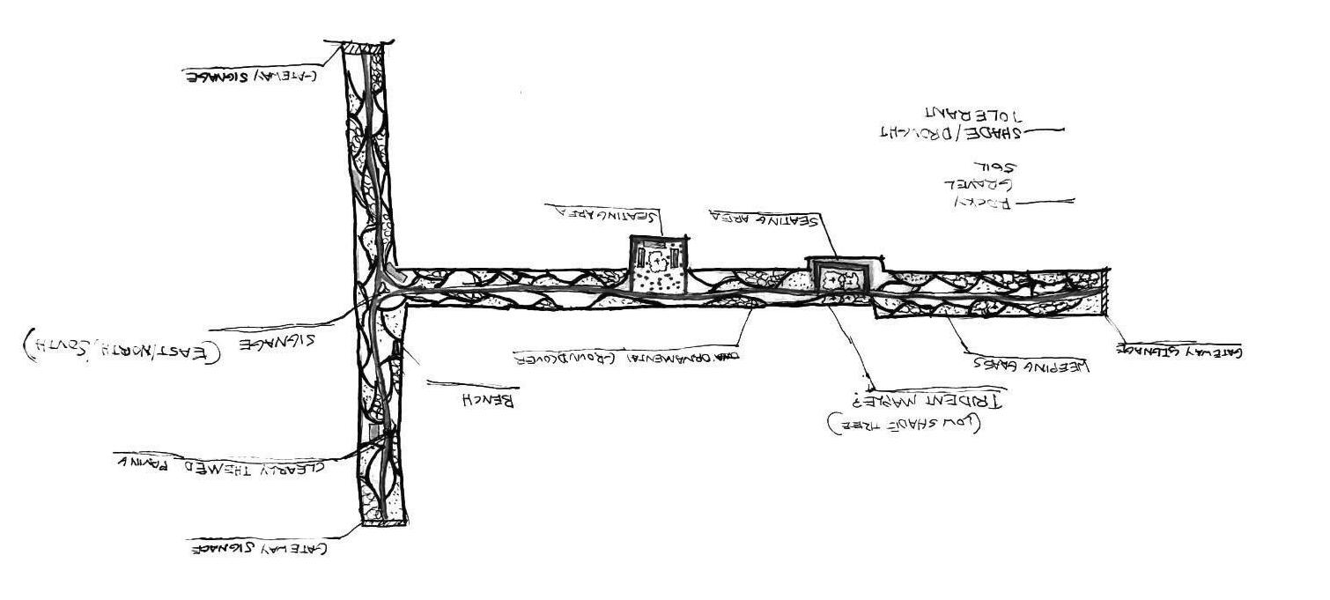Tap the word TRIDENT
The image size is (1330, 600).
(x=970, y=400)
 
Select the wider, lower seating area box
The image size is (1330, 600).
(x=845, y=275)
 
